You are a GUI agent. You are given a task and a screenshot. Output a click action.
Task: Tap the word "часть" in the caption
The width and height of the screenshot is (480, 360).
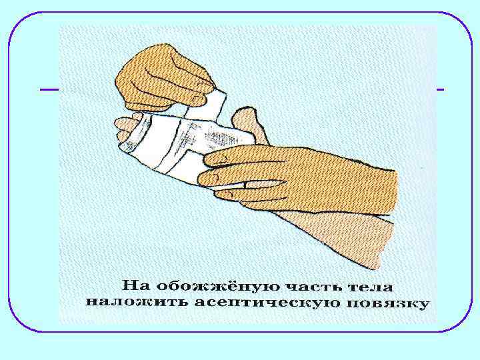pos(316,286)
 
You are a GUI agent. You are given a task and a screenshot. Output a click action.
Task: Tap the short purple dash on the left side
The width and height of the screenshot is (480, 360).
pos(49,89)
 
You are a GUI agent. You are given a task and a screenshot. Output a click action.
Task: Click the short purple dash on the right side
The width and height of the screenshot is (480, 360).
pos(440,89)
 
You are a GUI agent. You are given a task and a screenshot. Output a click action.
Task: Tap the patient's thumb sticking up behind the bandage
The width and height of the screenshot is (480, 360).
pos(248,123)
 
